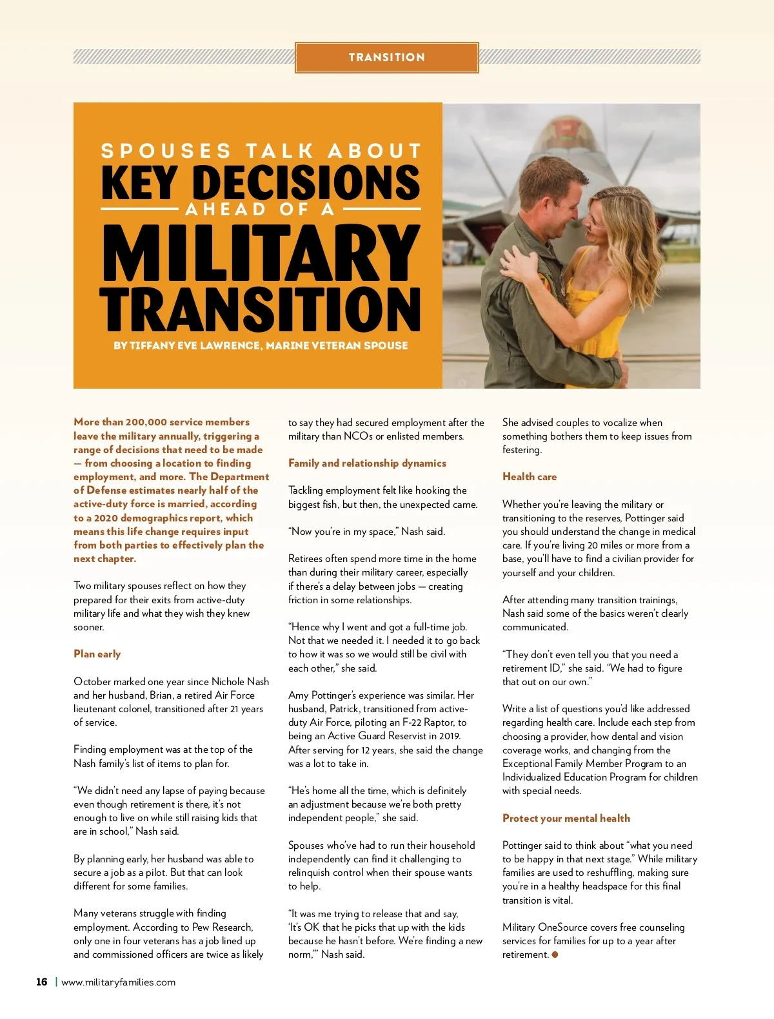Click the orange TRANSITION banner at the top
(x=387, y=57)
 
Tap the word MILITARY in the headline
(x=261, y=253)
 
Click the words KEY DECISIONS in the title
(x=261, y=182)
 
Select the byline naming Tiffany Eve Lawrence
(x=261, y=345)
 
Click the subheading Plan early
(x=97, y=654)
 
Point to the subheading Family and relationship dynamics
(x=367, y=463)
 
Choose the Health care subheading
(x=529, y=477)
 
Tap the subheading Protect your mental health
(x=566, y=819)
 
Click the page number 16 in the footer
(x=42, y=982)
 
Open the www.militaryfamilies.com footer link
(x=118, y=982)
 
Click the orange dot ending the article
(x=555, y=955)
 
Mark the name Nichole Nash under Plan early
(x=240, y=682)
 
